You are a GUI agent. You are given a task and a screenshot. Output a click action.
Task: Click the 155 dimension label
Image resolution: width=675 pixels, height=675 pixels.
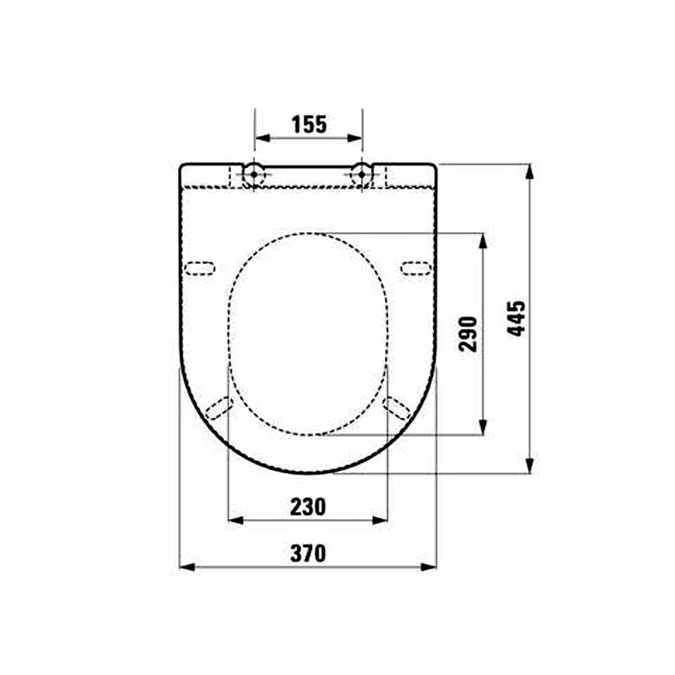click(x=309, y=125)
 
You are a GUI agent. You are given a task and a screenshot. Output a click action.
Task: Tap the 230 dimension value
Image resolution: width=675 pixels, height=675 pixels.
click(x=308, y=507)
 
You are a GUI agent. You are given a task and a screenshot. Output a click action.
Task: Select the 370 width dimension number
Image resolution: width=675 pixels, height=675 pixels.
click(x=308, y=553)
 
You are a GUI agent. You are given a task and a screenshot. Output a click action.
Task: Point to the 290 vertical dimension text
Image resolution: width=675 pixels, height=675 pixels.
click(x=468, y=333)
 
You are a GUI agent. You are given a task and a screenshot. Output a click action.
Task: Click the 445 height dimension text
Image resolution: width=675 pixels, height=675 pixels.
click(x=516, y=318)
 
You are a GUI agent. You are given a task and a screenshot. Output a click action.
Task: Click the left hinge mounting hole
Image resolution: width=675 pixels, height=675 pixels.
click(x=254, y=174)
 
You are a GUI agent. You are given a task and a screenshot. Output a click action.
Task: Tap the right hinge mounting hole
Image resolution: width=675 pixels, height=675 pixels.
click(x=361, y=174)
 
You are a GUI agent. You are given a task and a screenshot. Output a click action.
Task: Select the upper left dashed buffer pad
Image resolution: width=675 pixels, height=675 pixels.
click(x=200, y=267)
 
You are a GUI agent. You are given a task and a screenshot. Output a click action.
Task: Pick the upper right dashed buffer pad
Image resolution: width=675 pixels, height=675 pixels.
click(x=416, y=267)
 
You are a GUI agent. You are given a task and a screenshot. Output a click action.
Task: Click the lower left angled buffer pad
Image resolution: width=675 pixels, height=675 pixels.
click(x=218, y=408)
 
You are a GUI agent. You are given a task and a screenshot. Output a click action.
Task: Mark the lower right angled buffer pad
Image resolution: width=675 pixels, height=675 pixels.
click(x=397, y=408)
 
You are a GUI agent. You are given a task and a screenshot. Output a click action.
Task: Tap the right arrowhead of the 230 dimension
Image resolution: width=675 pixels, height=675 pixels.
click(x=380, y=520)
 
